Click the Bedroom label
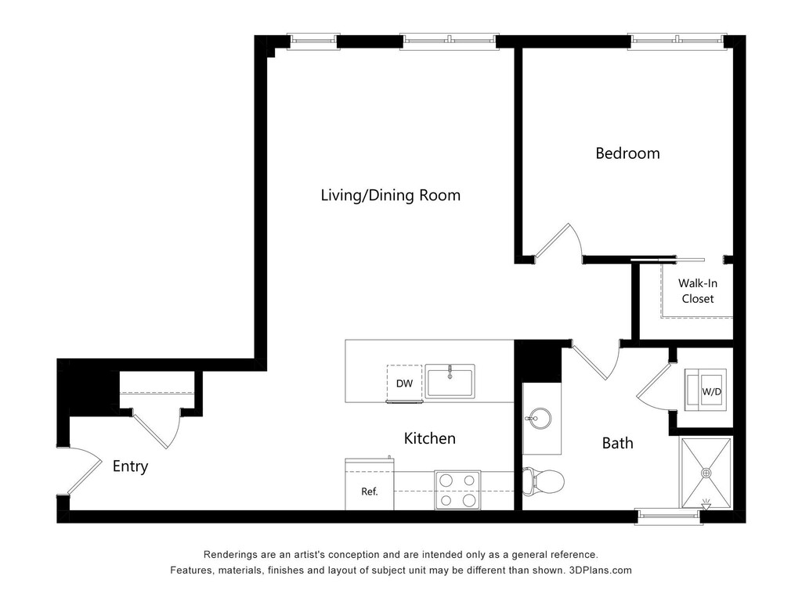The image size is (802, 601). (x=627, y=153)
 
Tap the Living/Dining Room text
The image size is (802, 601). (x=390, y=195)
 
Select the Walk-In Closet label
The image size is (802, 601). (x=698, y=291)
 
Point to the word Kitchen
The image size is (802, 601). (x=430, y=438)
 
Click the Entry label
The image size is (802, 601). (x=131, y=466)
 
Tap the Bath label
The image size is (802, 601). (x=617, y=443)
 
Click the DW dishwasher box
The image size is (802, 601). (x=405, y=383)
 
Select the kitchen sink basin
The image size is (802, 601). (x=450, y=381)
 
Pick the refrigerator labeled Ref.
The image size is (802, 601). (x=370, y=484)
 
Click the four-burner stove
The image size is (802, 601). (x=457, y=490)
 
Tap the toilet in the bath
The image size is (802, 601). (x=544, y=481)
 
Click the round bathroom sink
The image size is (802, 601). (x=539, y=419)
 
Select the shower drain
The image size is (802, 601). (x=706, y=473)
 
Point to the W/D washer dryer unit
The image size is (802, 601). (x=706, y=390)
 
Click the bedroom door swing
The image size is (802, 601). (x=558, y=243)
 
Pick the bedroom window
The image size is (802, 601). (x=677, y=41)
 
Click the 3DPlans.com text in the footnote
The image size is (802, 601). (x=601, y=570)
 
